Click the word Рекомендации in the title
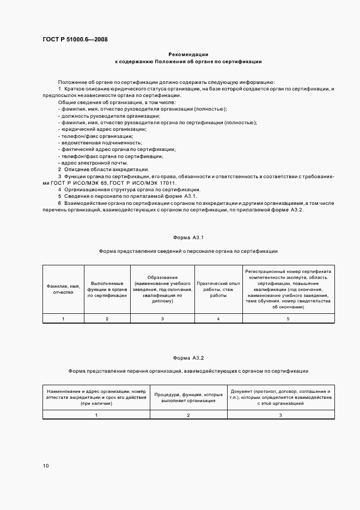click(x=188, y=54)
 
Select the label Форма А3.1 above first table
click(x=188, y=238)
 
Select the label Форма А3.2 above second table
click(x=188, y=357)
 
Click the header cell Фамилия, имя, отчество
click(x=63, y=289)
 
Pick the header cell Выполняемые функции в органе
click(x=107, y=289)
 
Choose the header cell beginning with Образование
click(x=162, y=289)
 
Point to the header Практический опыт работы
click(x=218, y=289)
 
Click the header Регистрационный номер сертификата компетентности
click(x=288, y=289)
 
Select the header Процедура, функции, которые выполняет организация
click(x=188, y=397)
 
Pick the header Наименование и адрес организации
click(x=96, y=397)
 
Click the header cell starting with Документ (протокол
click(x=280, y=397)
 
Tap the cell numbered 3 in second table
click(x=280, y=415)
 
